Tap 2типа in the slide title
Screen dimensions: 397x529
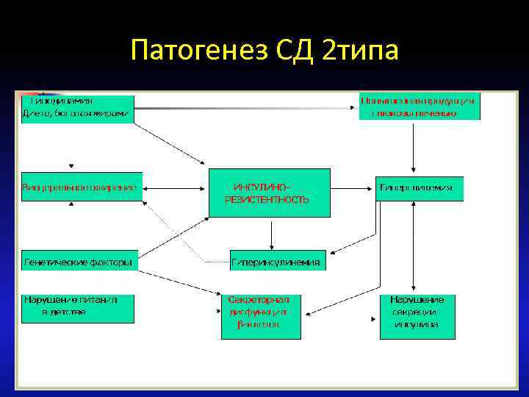click(x=360, y=52)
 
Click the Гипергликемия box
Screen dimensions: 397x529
click(x=420, y=188)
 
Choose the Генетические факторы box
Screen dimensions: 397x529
click(x=79, y=261)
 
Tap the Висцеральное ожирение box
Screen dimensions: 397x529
click(x=81, y=187)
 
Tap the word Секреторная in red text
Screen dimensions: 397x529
click(x=259, y=300)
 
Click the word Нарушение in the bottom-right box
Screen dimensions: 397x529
click(x=417, y=300)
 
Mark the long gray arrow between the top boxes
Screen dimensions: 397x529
click(x=242, y=108)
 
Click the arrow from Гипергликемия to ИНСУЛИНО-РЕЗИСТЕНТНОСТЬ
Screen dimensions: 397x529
click(x=344, y=188)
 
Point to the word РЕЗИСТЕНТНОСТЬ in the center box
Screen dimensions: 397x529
click(x=267, y=200)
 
